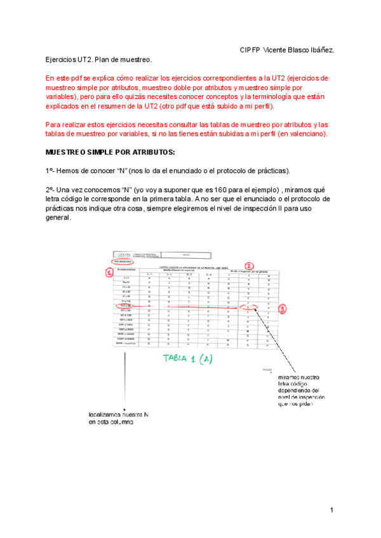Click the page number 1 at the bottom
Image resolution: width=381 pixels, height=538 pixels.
[x=331, y=510]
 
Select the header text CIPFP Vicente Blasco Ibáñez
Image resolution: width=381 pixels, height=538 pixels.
[x=287, y=49]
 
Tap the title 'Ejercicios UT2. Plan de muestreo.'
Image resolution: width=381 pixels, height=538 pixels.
[x=98, y=60]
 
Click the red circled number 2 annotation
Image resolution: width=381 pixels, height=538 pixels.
[x=250, y=266]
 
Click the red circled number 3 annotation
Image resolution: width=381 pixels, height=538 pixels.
[x=282, y=309]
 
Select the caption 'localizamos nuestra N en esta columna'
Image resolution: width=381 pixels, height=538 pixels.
[x=118, y=418]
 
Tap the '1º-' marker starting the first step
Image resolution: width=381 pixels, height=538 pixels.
[x=51, y=171]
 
